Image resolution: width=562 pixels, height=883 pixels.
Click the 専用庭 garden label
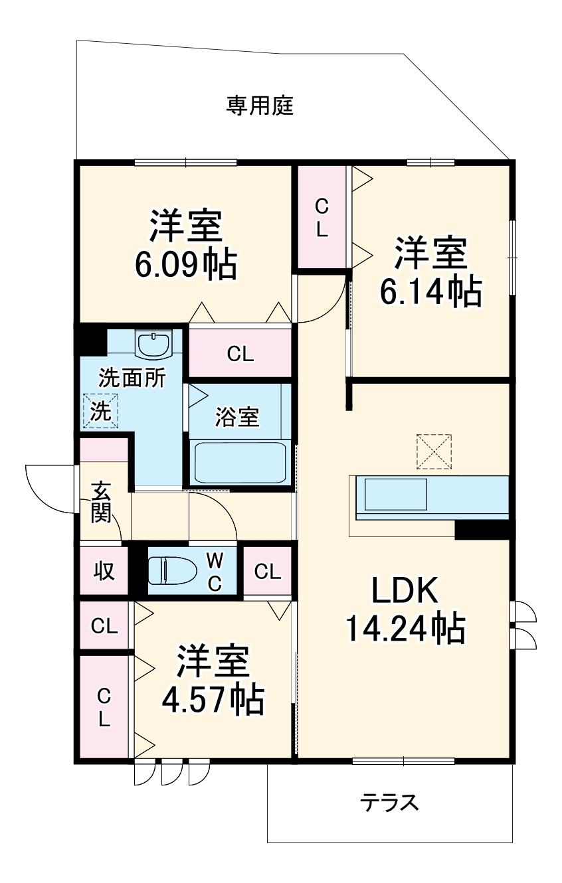(260, 106)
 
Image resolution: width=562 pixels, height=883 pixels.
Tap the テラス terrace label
(390, 803)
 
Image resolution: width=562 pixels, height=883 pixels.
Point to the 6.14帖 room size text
(430, 290)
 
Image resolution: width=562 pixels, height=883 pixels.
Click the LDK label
(404, 590)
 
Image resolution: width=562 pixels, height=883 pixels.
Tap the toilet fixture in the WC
(172, 570)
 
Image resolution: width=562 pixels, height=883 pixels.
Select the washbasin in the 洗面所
(153, 345)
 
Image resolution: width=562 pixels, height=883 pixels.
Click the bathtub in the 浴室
(239, 462)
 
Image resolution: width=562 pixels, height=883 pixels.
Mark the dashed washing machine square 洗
(100, 411)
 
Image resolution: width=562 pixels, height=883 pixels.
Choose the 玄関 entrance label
(101, 501)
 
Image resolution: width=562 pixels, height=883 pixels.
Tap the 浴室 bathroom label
(237, 418)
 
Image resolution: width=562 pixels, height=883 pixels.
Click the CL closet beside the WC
(267, 571)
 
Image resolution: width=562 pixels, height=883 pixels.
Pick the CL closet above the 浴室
(240, 354)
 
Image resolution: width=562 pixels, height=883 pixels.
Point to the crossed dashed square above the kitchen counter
(434, 452)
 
